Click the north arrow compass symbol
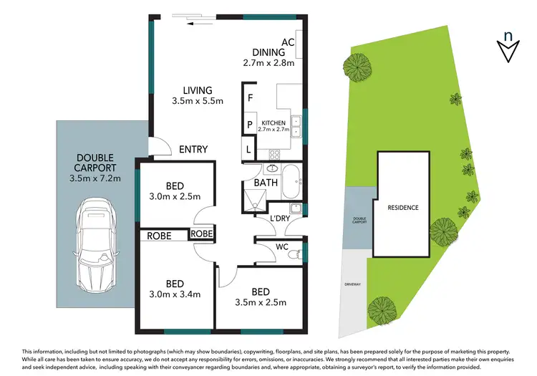pos(508,45)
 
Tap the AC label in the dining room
pos(288,42)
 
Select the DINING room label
pos(268,52)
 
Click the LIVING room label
pos(198,90)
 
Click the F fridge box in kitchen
pos(251,97)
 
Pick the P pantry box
pos(250,124)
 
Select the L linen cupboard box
pos(248,150)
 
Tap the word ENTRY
pos(193,149)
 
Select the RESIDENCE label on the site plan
pos(403,208)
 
